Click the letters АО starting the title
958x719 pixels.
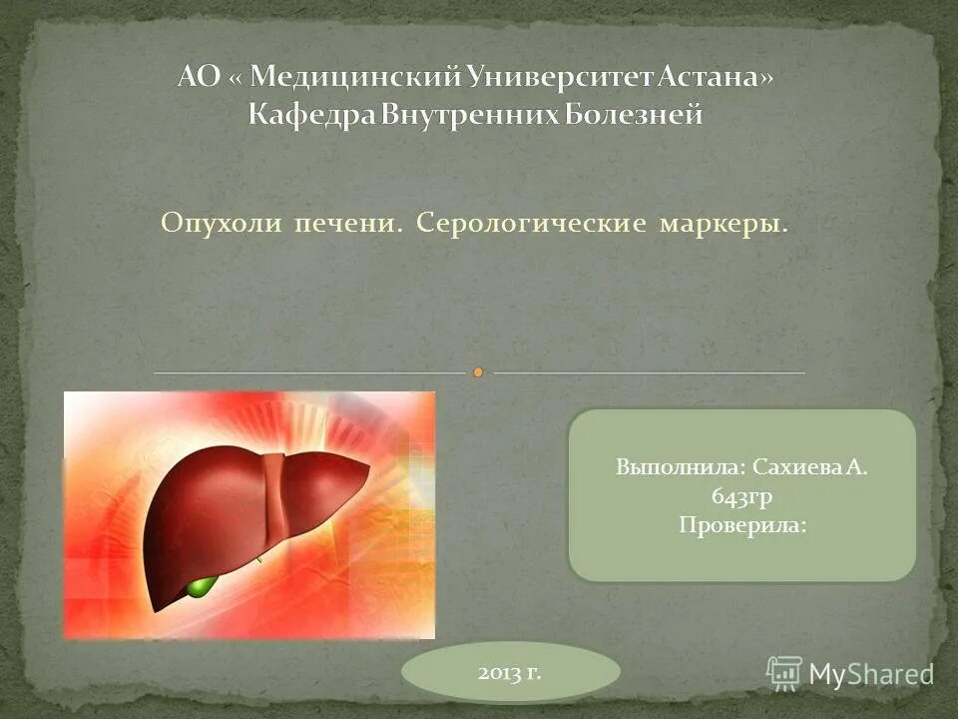tap(198, 77)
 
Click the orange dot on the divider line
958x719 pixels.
tap(479, 372)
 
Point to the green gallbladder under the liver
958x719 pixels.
tap(201, 585)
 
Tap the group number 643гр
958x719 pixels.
tap(741, 495)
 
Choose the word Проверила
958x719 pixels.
tap(741, 523)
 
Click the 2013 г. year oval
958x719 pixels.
tap(510, 672)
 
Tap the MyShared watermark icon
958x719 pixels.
tap(784, 672)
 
